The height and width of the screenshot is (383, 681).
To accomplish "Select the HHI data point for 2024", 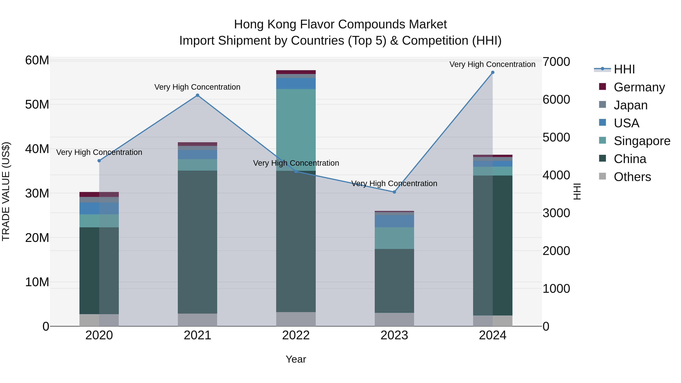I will click(x=493, y=72).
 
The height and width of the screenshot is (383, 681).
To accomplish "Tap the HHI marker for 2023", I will click(x=394, y=192).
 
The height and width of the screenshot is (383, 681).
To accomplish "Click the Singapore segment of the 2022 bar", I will click(x=296, y=130).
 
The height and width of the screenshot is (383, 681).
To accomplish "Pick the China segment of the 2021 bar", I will click(x=197, y=242).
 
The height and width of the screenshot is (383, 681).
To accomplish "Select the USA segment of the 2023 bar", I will click(x=394, y=221).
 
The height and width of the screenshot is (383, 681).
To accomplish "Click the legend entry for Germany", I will click(x=639, y=87).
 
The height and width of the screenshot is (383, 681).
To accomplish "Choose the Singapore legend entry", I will click(x=642, y=141).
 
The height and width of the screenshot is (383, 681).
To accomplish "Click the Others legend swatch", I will click(x=602, y=176).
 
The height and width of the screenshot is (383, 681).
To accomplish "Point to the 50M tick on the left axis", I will click(x=37, y=105).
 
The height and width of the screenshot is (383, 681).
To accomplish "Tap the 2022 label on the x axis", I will click(x=296, y=335).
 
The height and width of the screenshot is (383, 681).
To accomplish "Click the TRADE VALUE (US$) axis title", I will click(x=6, y=191).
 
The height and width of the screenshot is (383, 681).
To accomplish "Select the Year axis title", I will click(x=296, y=359).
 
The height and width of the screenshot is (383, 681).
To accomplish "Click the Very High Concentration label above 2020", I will click(x=99, y=152).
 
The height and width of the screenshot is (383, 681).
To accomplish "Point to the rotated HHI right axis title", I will click(x=577, y=191).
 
